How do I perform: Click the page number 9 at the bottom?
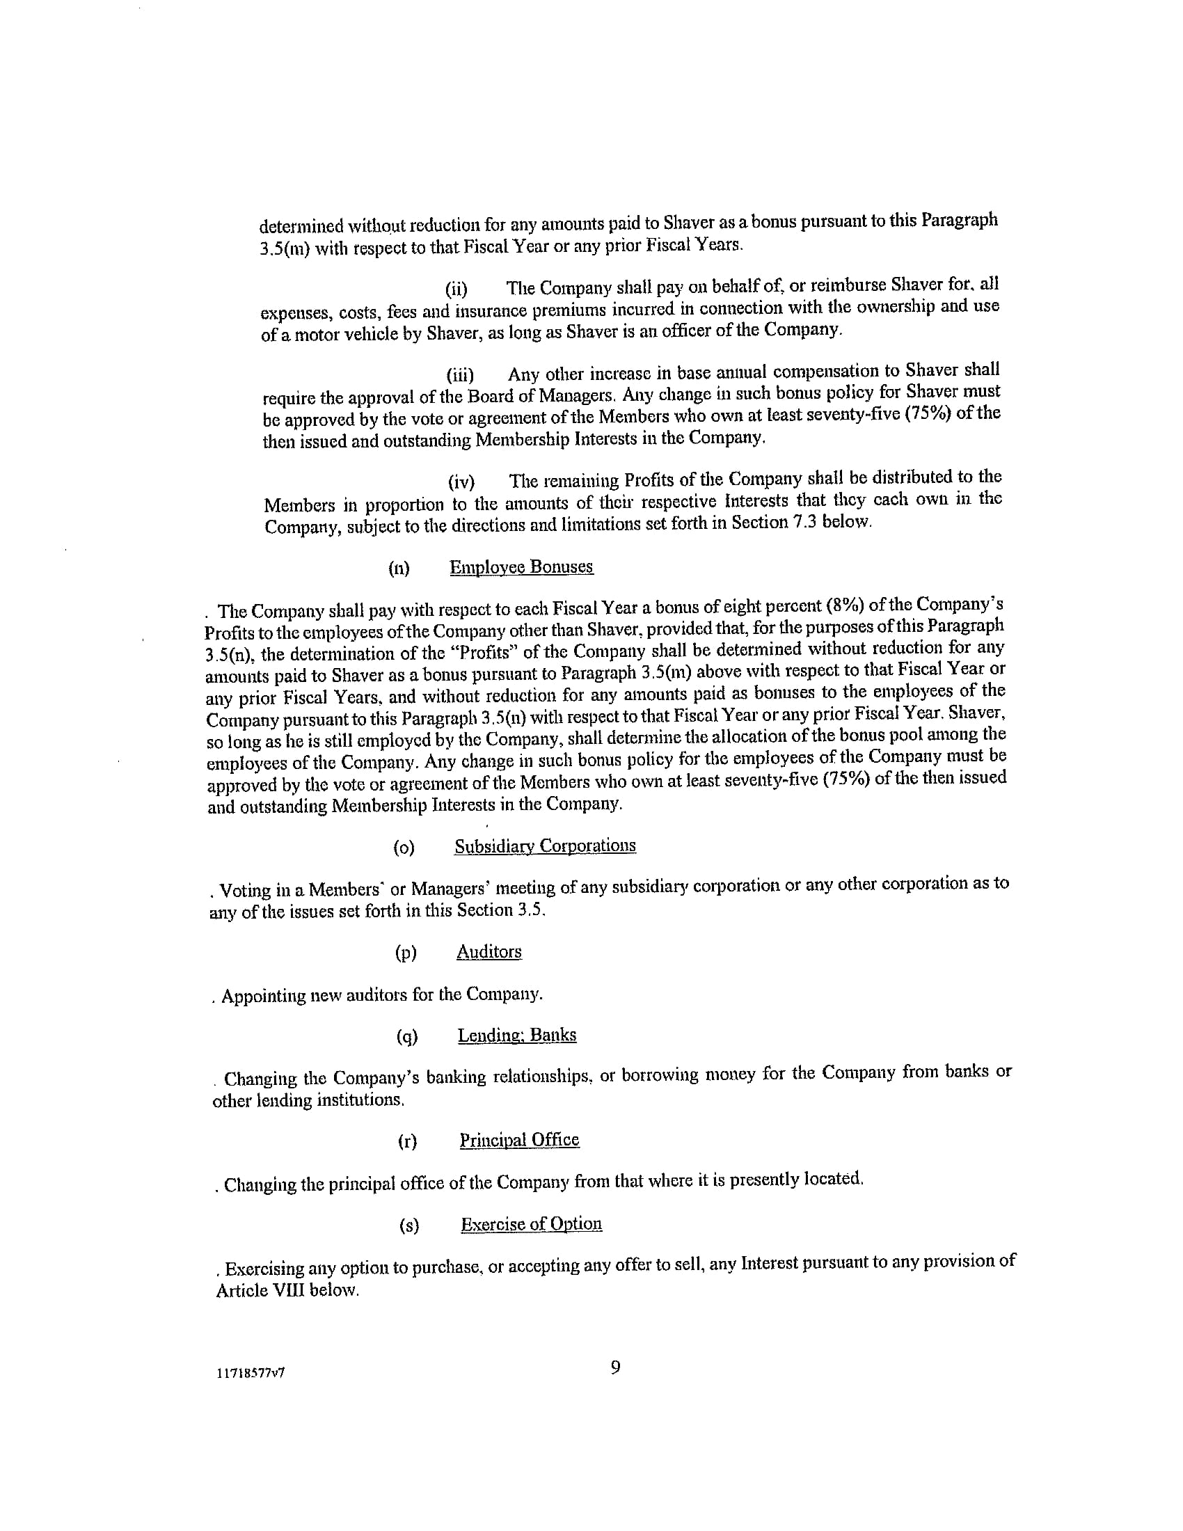click(x=615, y=1367)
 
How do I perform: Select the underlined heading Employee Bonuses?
click(x=521, y=567)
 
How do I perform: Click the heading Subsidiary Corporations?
click(x=546, y=846)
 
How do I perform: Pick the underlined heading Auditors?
click(x=489, y=951)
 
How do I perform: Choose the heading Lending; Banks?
click(x=517, y=1036)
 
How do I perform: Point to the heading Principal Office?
click(x=519, y=1140)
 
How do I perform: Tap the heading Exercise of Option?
click(x=531, y=1224)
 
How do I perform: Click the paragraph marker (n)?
click(x=399, y=569)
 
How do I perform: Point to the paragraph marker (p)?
click(x=406, y=953)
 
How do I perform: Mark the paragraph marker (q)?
click(x=406, y=1038)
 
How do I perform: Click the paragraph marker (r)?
click(x=407, y=1142)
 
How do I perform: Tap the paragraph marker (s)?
click(x=408, y=1226)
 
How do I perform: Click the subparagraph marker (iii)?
click(x=461, y=374)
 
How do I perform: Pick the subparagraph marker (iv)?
click(x=461, y=483)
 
